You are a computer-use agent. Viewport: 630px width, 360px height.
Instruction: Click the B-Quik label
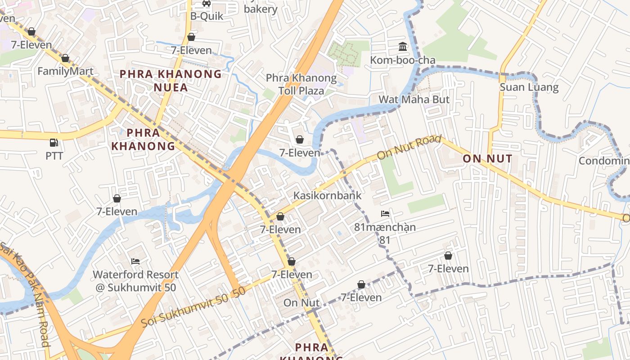click(x=207, y=16)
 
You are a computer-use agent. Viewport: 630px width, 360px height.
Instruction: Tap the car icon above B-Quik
click(x=207, y=3)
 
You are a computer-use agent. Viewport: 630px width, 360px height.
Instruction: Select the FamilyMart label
click(x=65, y=71)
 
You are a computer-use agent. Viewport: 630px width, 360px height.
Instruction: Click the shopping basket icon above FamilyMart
click(x=65, y=58)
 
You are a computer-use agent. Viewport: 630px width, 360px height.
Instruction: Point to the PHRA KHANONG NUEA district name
click(x=171, y=81)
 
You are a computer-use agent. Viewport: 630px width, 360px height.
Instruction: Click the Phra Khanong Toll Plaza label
click(x=301, y=84)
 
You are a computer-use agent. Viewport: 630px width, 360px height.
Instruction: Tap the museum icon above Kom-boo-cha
click(x=403, y=47)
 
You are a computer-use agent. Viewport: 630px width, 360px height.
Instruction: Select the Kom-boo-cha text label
click(x=403, y=60)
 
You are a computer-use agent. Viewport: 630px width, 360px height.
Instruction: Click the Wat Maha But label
click(x=414, y=99)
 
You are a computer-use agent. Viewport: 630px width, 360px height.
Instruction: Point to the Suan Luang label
click(x=529, y=87)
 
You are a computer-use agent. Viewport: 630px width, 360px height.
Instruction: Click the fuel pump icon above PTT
click(x=54, y=143)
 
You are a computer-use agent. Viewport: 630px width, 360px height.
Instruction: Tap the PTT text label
click(x=54, y=156)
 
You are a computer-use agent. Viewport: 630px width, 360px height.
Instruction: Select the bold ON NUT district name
click(x=487, y=159)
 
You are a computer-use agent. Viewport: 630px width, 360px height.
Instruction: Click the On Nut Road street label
click(x=409, y=148)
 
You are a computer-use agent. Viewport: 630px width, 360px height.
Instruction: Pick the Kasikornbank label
click(x=327, y=196)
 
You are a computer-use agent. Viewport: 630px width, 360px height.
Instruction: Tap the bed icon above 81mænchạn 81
click(x=385, y=214)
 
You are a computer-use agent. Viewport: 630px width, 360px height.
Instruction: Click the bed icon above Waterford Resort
click(x=135, y=261)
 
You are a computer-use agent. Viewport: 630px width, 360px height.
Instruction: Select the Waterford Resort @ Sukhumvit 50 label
click(x=135, y=281)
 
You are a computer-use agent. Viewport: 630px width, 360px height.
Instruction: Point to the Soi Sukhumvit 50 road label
click(x=193, y=307)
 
